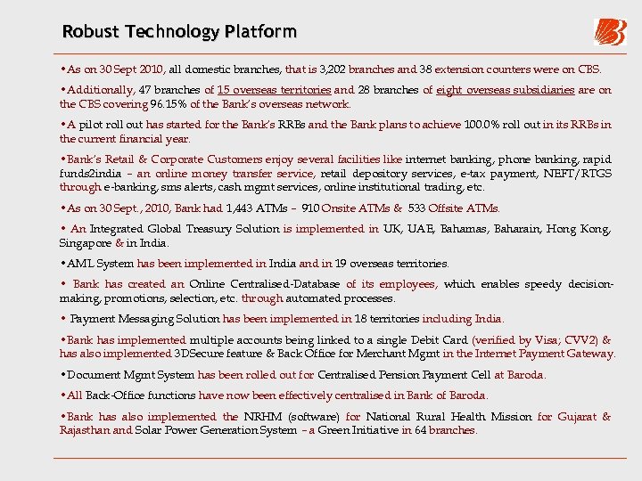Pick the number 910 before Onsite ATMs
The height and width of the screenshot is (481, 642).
312,208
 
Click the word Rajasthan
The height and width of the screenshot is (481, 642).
85,430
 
